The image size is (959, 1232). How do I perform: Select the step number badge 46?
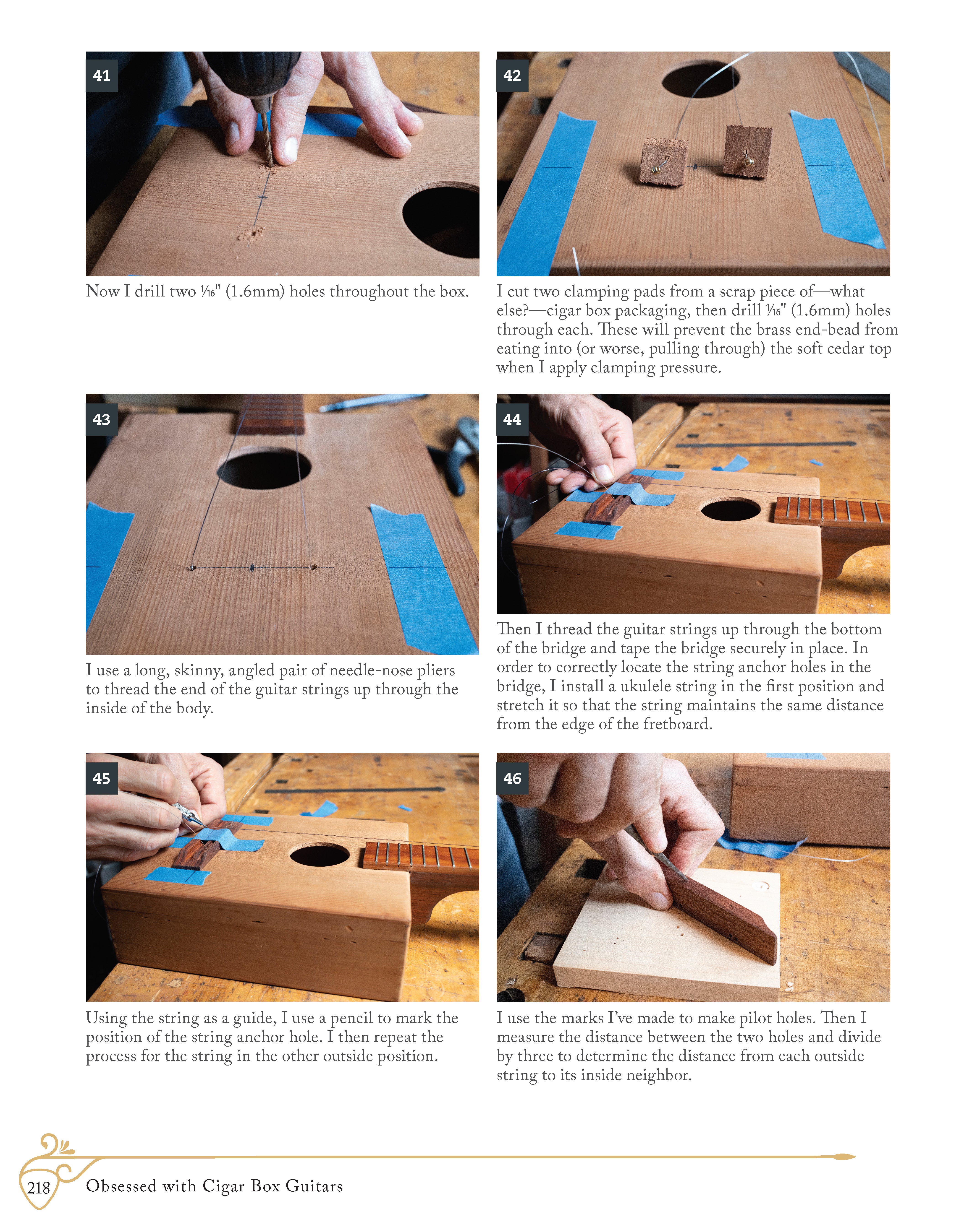(512, 778)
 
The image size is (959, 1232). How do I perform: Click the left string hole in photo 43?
(192, 567)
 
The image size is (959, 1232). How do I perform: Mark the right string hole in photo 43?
(314, 566)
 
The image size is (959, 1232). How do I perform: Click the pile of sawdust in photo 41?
(250, 232)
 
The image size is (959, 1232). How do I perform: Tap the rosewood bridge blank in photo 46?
(723, 914)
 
